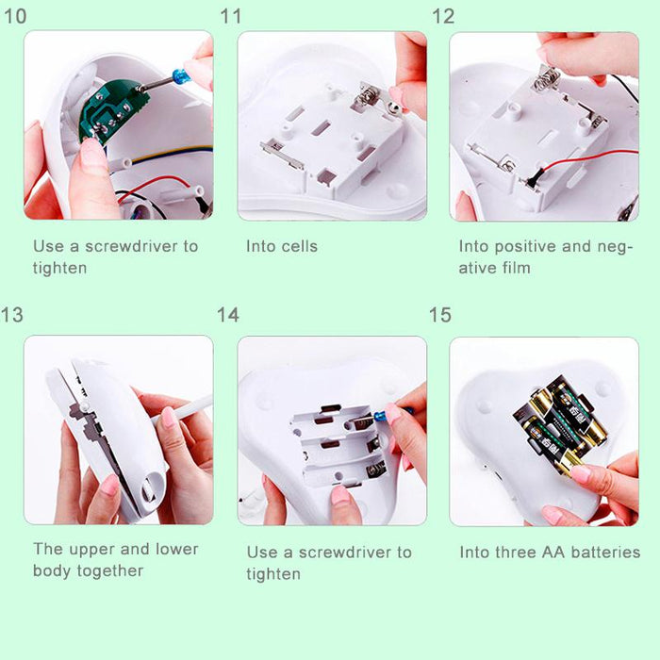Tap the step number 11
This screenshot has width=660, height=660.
(x=231, y=16)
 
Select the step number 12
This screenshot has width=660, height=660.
(x=443, y=16)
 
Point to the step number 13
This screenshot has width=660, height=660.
(x=12, y=314)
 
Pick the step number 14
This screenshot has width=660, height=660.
(x=228, y=314)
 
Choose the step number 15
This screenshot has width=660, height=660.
(x=440, y=314)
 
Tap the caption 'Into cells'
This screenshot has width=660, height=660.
(x=282, y=246)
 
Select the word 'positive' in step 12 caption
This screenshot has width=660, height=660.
(x=527, y=246)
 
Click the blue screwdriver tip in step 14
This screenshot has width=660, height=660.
(x=379, y=416)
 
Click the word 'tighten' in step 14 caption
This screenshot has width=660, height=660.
(x=273, y=573)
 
